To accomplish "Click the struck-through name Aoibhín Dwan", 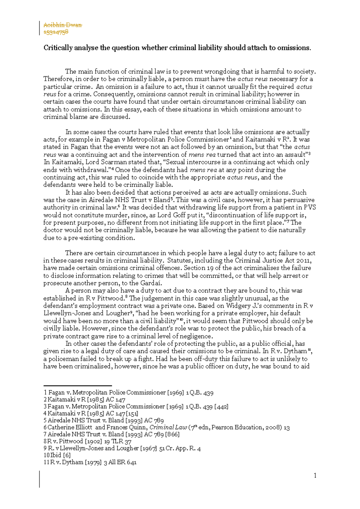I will tap(63, 25).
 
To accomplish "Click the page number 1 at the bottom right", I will tap(315, 475).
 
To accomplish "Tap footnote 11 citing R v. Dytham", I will tap(90, 462).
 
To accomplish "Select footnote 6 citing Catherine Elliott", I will tap(166, 427).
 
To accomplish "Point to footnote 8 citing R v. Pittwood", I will tap(88, 441).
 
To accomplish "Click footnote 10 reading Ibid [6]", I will tap(57, 455).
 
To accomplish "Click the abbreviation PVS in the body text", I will tap(309, 207).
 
